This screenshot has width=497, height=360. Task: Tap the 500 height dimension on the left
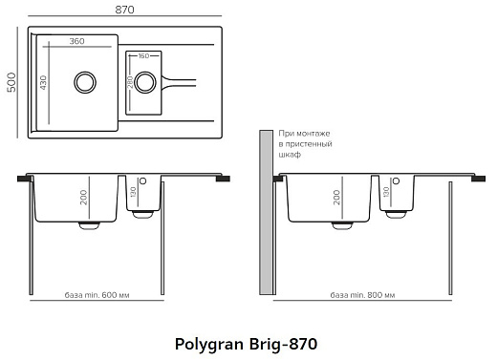10,83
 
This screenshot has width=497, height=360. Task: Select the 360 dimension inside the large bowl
76,42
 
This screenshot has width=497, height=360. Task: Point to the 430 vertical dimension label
43,82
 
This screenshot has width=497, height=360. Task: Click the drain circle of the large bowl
83,81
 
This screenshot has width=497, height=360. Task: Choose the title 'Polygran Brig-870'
247,342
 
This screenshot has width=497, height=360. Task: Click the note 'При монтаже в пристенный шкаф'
304,143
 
